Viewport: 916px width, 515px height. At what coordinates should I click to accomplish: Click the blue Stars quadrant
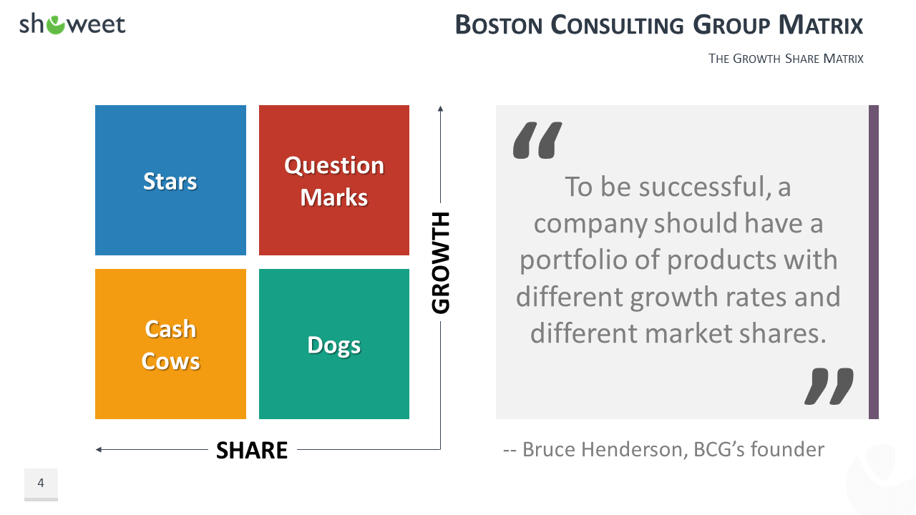point(170,180)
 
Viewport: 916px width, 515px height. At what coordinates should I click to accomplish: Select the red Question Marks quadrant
point(334,180)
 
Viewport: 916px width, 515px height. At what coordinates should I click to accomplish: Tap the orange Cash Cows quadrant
point(170,344)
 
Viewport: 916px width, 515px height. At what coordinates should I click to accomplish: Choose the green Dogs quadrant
point(334,344)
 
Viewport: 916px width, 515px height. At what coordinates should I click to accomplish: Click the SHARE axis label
point(252,450)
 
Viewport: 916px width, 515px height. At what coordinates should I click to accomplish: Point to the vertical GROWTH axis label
point(440,263)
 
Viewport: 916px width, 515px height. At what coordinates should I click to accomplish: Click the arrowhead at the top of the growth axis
point(440,108)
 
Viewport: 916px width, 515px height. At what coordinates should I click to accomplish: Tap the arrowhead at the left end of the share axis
point(99,450)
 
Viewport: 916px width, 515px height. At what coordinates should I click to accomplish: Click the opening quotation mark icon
point(537,139)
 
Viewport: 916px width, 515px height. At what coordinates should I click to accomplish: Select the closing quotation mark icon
point(829,386)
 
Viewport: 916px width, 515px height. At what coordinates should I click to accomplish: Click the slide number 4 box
point(41,484)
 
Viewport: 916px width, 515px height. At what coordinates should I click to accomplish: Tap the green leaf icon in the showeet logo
point(56,25)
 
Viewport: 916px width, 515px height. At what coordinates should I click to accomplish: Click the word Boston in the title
point(499,24)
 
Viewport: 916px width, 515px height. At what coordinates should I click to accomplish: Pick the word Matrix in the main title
point(821,24)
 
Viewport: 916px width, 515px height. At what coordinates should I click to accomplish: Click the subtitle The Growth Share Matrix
point(786,59)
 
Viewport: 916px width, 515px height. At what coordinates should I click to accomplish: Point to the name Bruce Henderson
point(603,450)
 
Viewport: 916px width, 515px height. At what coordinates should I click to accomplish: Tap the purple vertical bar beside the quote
point(874,262)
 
